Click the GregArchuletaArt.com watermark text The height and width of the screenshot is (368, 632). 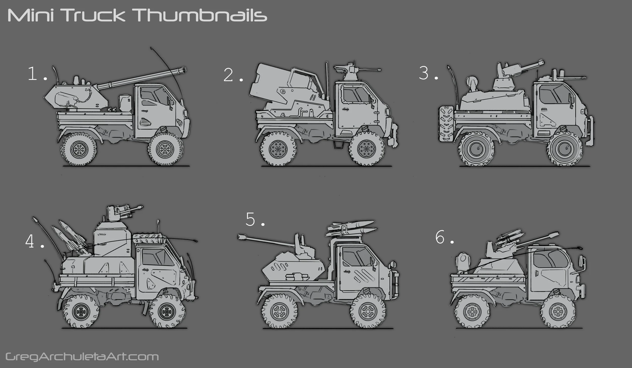pyautogui.click(x=82, y=357)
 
